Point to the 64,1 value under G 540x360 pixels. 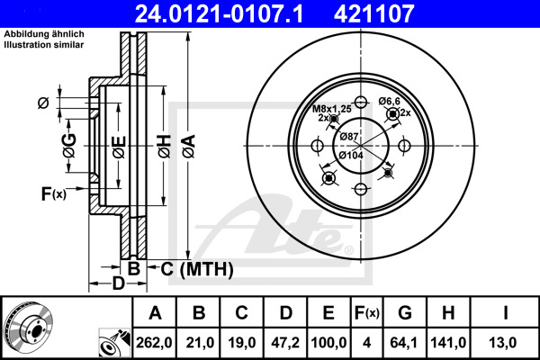405,343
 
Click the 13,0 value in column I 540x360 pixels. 507,343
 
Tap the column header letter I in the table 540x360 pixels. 507,313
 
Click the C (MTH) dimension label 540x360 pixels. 197,269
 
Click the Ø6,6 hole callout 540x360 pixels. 389,101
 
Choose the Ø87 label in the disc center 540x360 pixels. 351,136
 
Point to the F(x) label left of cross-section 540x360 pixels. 53,193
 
